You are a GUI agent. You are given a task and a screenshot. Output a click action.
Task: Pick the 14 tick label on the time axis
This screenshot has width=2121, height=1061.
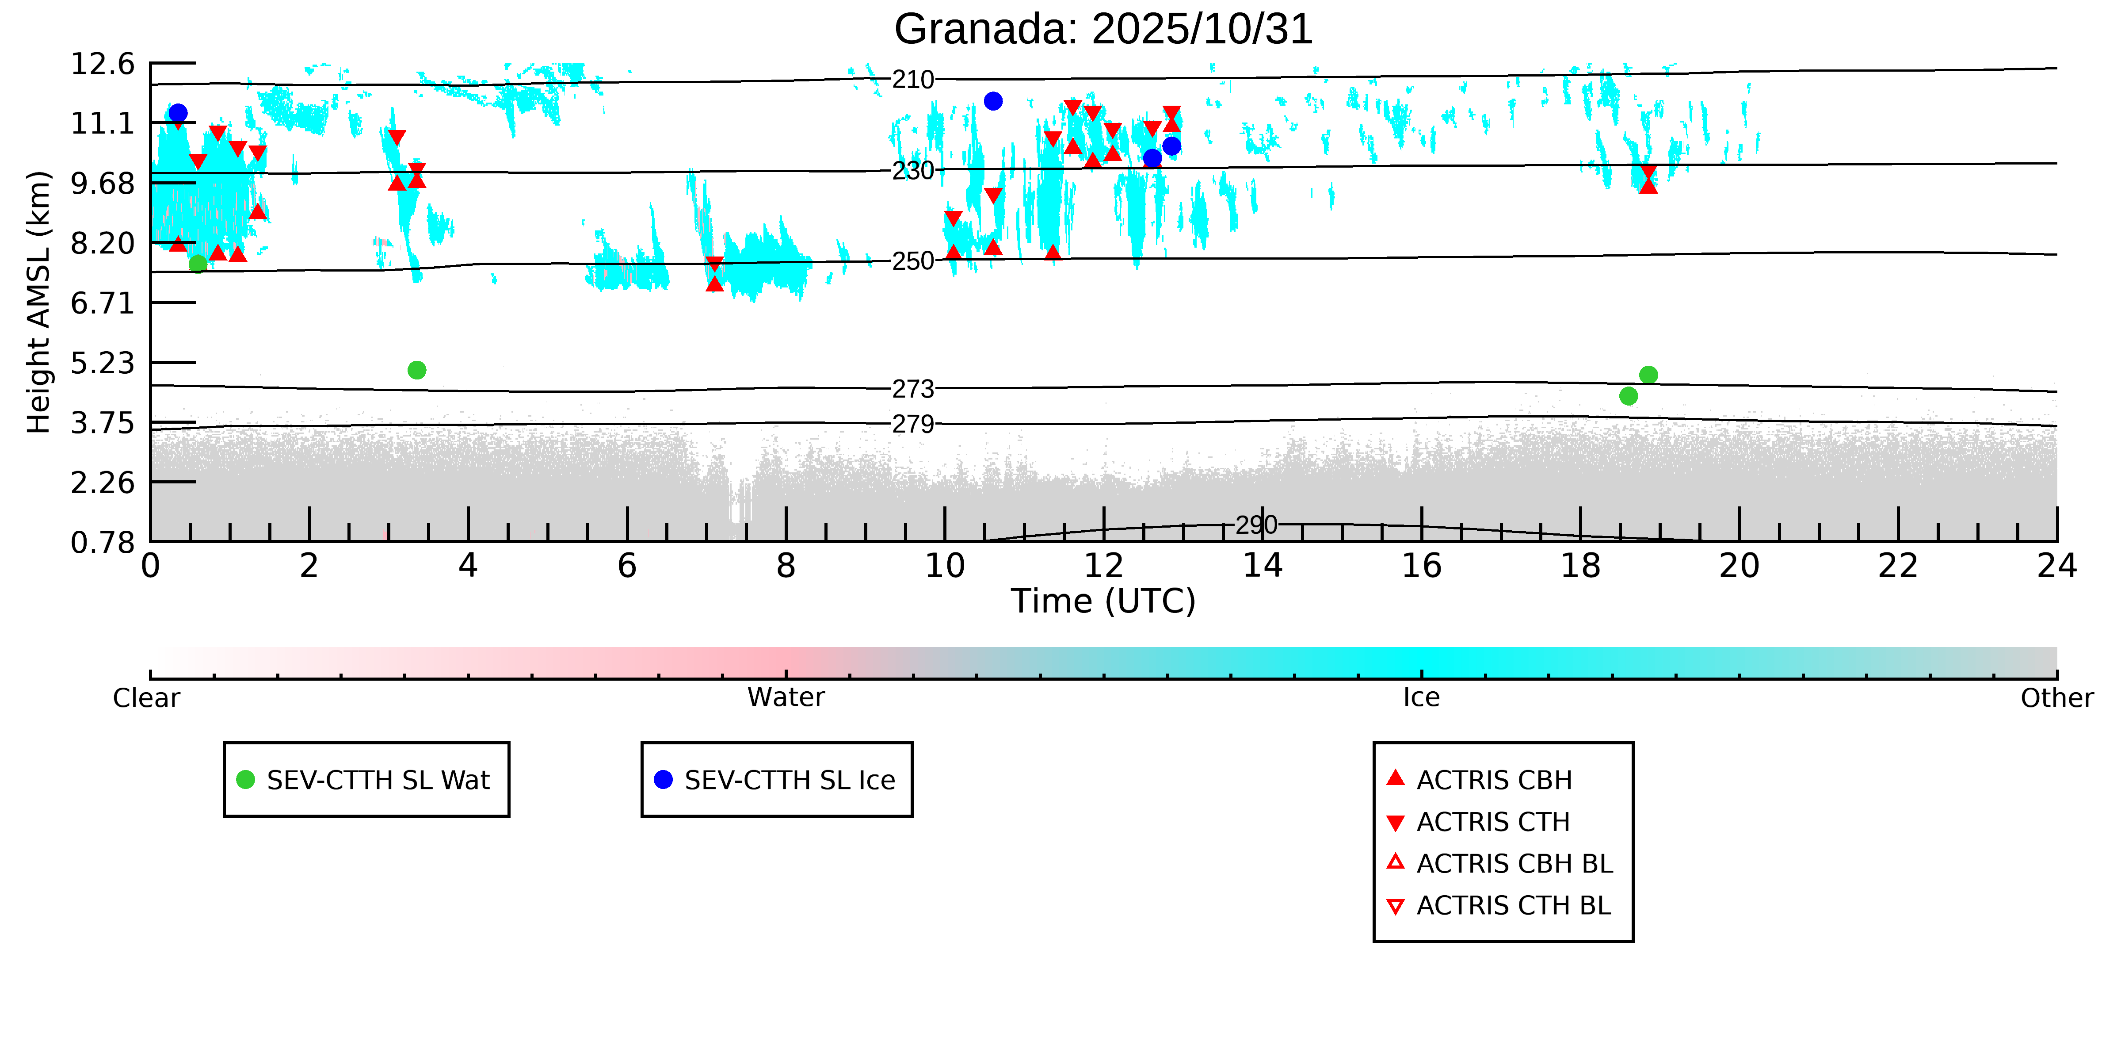pos(1262,567)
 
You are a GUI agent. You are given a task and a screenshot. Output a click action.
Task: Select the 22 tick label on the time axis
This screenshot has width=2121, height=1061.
pos(1898,567)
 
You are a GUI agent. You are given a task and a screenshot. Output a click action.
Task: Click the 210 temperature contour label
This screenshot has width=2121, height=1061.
pos(913,80)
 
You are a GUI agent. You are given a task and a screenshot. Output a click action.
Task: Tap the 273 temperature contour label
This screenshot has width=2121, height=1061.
pos(913,389)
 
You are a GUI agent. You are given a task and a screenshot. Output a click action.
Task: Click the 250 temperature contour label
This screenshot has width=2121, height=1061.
pos(913,261)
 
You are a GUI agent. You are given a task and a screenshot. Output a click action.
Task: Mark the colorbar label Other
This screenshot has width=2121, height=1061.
pos(2056,698)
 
